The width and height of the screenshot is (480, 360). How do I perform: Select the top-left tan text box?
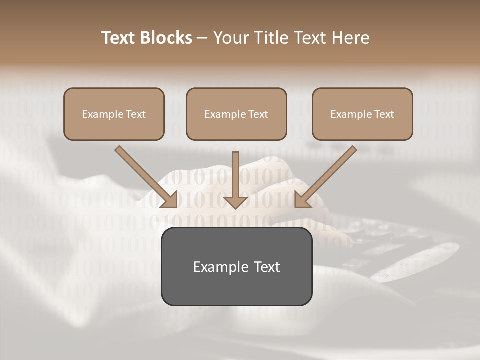point(114,127)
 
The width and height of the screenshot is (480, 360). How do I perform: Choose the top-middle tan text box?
point(236,127)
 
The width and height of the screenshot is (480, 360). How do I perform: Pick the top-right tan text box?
point(362,127)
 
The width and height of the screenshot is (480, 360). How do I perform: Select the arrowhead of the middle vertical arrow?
point(236,202)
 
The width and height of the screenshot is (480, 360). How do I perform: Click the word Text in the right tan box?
point(384,114)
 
